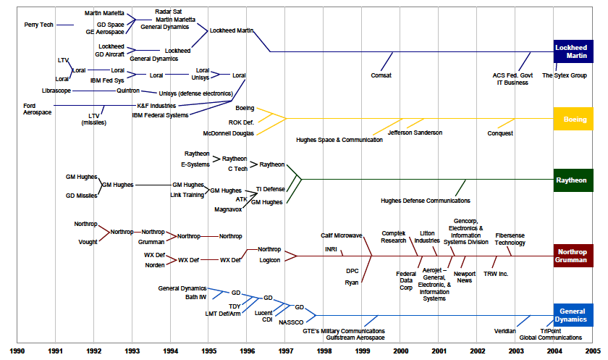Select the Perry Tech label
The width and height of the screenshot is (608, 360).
[x=38, y=25]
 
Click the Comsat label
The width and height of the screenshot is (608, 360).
[x=381, y=75]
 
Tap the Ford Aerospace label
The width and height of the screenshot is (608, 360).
[x=37, y=109]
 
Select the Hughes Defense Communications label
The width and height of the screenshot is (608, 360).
[x=425, y=201]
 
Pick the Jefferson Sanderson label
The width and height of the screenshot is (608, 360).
[x=415, y=133]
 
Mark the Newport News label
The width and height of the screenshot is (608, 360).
[x=464, y=277]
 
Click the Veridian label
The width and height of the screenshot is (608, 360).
[x=504, y=331]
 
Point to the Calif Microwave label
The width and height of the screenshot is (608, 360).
[x=342, y=235]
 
